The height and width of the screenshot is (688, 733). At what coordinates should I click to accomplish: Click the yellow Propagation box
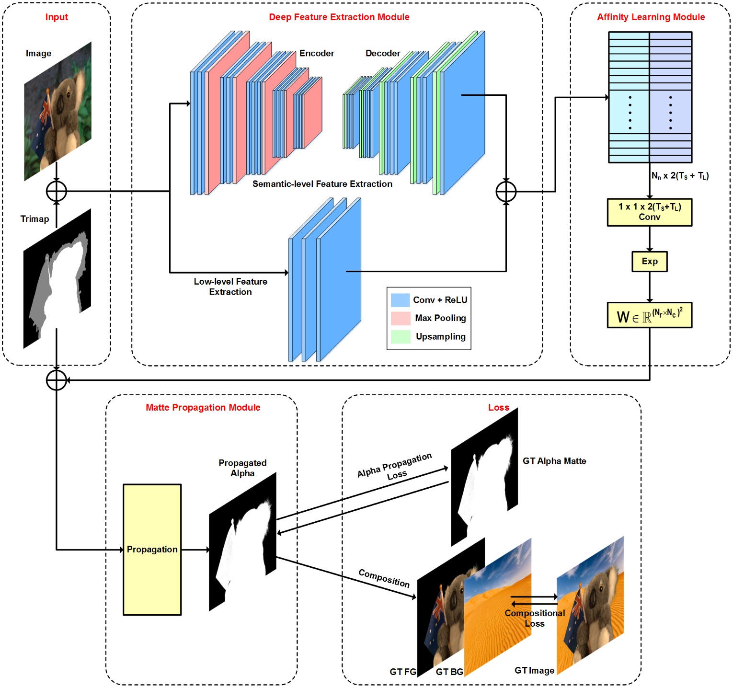pos(152,550)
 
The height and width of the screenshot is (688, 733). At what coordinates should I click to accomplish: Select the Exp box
pos(649,262)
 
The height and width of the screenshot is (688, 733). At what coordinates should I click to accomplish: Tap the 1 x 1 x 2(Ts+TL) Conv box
pos(649,212)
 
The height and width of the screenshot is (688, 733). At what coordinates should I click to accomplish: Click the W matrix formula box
pos(649,315)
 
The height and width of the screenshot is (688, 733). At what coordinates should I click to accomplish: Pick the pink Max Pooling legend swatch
pos(401,318)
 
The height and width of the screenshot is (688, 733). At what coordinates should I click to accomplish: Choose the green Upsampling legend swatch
pos(401,336)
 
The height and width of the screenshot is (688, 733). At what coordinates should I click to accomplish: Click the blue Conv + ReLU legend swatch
pos(401,300)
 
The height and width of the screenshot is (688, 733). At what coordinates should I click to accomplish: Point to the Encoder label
pos(317,53)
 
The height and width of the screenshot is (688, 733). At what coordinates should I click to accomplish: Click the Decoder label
pos(382,53)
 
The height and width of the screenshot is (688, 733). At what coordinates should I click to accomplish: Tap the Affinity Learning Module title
pos(650,17)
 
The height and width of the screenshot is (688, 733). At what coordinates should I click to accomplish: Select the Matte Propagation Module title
pos(203,408)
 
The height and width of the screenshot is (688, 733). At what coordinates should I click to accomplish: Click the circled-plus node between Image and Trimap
pos(57,191)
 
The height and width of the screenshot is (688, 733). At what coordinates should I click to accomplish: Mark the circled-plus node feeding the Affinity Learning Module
pos(506,192)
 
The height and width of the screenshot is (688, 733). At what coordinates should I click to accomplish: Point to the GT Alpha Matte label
pos(554,461)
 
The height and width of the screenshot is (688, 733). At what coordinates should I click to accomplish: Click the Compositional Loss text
pos(535,618)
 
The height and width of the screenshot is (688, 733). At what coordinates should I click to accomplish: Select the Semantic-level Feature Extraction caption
pos(322,184)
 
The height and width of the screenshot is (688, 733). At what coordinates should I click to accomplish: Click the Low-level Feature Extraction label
pos(230,287)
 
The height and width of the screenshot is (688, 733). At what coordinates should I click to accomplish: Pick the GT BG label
pos(449,672)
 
